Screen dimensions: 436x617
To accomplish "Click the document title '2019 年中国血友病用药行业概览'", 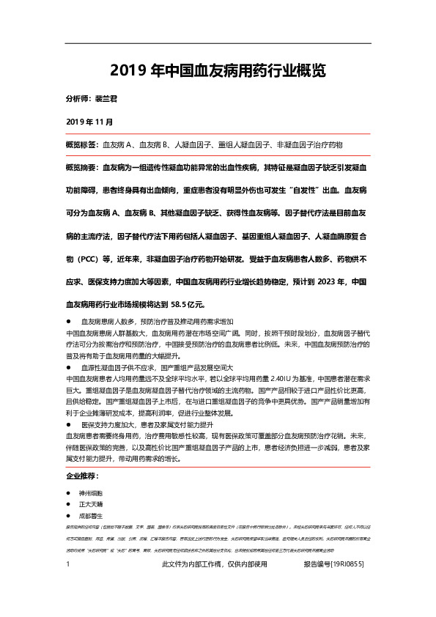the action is click(x=218, y=72).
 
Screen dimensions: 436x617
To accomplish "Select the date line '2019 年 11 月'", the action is click(x=89, y=120).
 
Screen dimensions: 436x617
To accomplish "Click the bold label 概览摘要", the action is click(x=81, y=167).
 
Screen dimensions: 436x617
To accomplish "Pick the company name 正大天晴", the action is click(x=91, y=505).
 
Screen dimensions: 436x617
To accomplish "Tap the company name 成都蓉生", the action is click(x=91, y=516).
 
